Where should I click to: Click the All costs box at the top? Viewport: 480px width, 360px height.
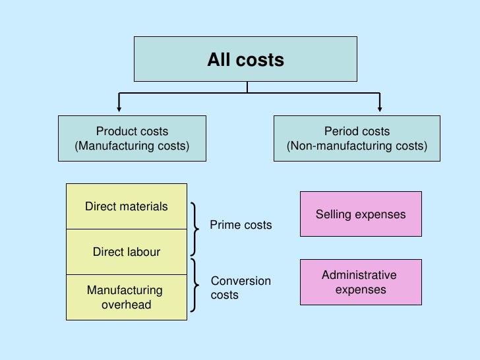pos(246,60)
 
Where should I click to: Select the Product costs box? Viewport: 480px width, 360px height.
pos(133,138)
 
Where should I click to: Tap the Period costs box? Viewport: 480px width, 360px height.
pos(357,138)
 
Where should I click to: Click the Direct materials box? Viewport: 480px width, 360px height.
pos(127,207)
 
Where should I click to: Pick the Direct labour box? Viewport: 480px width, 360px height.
pos(127,252)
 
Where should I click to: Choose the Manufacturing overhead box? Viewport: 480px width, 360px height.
pos(127,297)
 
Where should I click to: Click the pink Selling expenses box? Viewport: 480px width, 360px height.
pos(361,214)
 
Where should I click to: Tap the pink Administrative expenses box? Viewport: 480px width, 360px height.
pos(361,282)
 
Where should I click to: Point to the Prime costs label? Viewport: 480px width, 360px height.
pos(241,225)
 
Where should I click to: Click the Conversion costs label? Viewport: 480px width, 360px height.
pos(241,288)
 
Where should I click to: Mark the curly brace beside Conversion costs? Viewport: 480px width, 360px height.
pos(196,285)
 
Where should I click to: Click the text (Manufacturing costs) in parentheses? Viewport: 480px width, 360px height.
pos(133,145)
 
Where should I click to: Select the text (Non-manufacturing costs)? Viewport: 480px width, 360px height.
pos(357,145)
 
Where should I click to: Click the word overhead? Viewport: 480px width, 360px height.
pos(126,304)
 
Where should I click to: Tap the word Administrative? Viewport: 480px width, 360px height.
pos(359,275)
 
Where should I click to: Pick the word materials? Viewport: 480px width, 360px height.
pos(144,207)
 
